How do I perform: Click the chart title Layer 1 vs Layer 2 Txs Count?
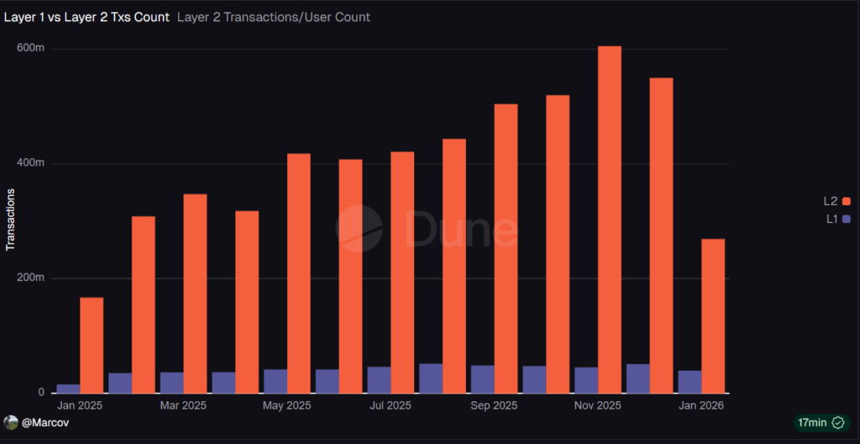tap(87, 17)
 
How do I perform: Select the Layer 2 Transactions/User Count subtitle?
tap(274, 17)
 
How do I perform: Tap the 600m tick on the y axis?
tap(30, 48)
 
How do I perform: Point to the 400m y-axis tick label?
tap(30, 163)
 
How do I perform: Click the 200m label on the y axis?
tap(30, 278)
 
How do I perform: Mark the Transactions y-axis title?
tap(11, 219)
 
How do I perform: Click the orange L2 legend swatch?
tap(847, 201)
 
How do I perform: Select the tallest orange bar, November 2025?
tap(610, 219)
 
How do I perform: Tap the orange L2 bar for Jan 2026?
tap(713, 315)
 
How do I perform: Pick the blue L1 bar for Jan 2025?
tap(69, 388)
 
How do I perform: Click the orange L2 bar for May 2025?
tap(299, 273)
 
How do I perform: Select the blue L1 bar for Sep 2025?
tap(482, 379)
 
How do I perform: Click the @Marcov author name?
tap(46, 422)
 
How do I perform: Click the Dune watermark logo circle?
tap(359, 228)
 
